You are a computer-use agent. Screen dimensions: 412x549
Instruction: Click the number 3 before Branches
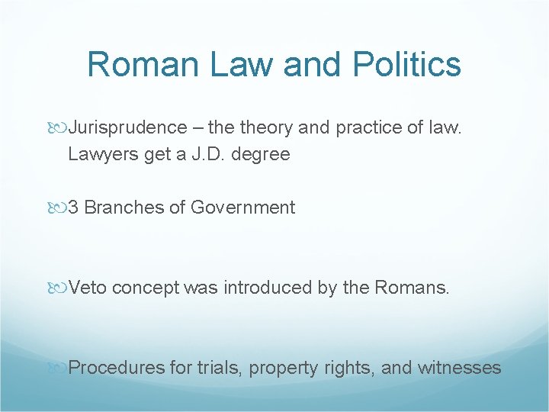click(x=74, y=208)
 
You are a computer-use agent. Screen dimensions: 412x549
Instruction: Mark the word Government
click(x=242, y=208)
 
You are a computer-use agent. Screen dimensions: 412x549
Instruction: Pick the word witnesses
click(x=460, y=368)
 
